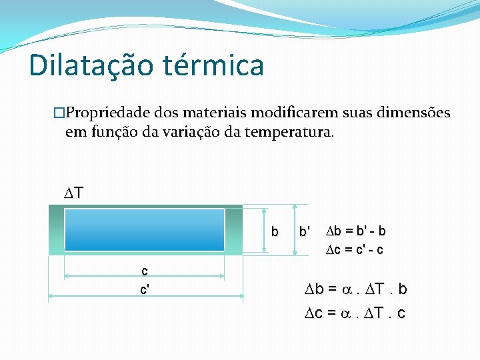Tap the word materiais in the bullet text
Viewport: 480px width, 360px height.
[x=213, y=113]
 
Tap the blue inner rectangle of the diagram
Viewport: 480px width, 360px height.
[x=144, y=229]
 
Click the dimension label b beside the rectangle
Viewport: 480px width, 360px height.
[x=274, y=232]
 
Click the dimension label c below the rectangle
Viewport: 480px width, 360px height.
[x=144, y=271]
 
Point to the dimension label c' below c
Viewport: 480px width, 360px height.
[x=145, y=290]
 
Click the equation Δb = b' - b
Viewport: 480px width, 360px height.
[x=355, y=231]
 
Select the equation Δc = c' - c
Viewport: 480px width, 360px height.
[x=355, y=250]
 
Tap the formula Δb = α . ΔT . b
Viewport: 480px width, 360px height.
[x=355, y=289]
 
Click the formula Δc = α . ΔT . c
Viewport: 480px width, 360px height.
[x=355, y=313]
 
